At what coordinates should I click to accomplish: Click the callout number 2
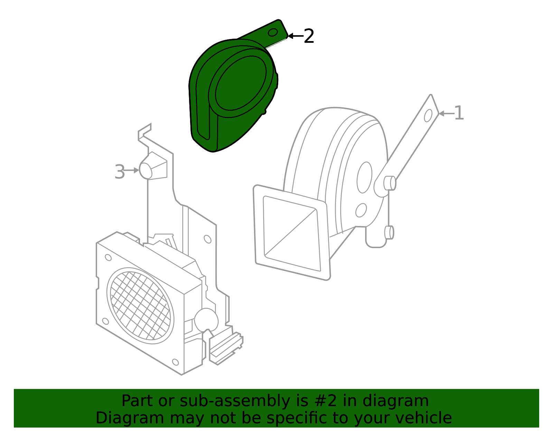[x=309, y=36]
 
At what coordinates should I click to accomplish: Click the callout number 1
[x=459, y=113]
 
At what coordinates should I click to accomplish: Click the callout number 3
[x=120, y=172]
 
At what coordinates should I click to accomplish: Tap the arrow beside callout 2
[x=296, y=36]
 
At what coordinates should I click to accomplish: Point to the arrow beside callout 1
[x=447, y=114]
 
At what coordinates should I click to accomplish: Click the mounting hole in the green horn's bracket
[x=273, y=32]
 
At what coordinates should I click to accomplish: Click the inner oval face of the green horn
[x=241, y=83]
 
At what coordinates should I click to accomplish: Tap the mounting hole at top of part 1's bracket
[x=428, y=116]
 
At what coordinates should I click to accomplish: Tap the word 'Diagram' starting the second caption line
[x=130, y=418]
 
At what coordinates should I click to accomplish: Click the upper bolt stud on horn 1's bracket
[x=390, y=183]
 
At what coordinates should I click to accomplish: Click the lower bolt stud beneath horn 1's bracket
[x=389, y=232]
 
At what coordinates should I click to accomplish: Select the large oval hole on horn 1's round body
[x=364, y=177]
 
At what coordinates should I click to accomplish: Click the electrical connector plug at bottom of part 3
[x=226, y=348]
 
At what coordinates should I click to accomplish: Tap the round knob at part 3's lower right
[x=206, y=320]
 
